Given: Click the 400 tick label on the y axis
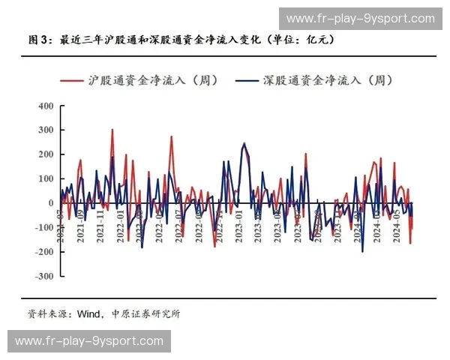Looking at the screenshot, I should point(45,106).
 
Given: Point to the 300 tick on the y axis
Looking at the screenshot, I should point(45,130).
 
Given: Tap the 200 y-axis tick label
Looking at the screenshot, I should point(45,154).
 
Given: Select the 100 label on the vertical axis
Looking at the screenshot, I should point(45,178).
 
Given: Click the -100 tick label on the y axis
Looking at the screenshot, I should point(43,227).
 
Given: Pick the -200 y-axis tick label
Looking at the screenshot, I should point(43,252).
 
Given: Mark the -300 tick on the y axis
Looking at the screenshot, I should point(43,276).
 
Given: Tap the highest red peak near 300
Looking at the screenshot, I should point(112,130).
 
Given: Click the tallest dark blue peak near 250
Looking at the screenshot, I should point(244,143).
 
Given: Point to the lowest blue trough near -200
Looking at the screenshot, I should point(362,251).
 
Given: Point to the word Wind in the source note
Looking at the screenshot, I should point(88,313).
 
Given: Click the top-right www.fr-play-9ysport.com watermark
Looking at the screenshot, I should point(361,18).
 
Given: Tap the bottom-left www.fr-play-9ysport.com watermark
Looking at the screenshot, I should point(89,341).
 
